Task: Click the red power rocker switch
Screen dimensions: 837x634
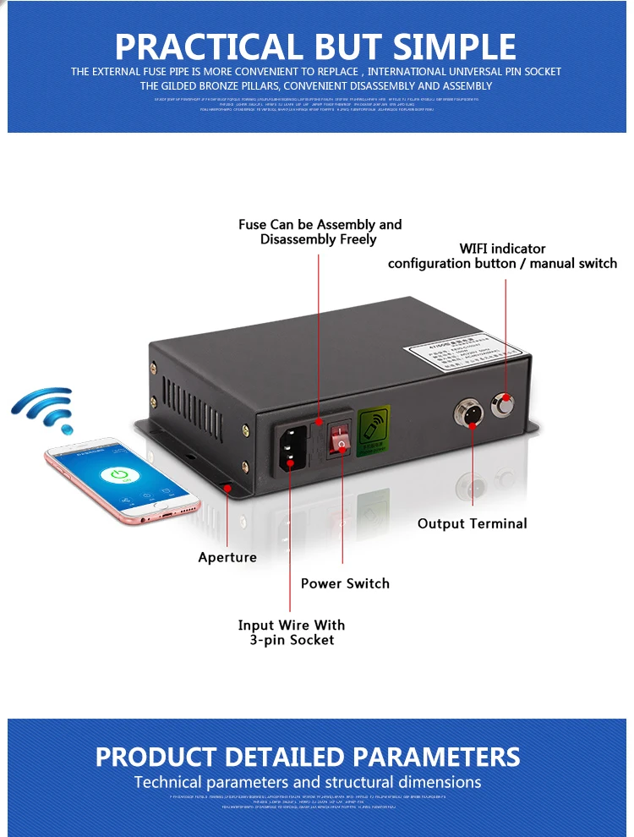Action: point(339,440)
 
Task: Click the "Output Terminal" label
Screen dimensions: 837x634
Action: point(472,524)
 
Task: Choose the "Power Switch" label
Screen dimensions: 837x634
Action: point(345,583)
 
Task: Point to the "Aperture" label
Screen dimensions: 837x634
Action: point(227,557)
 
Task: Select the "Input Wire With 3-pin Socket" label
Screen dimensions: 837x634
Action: point(291,632)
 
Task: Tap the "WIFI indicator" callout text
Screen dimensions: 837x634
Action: point(502,249)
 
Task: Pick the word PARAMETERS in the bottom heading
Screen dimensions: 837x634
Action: point(436,756)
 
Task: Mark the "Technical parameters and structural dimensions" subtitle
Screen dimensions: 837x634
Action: point(308,782)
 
